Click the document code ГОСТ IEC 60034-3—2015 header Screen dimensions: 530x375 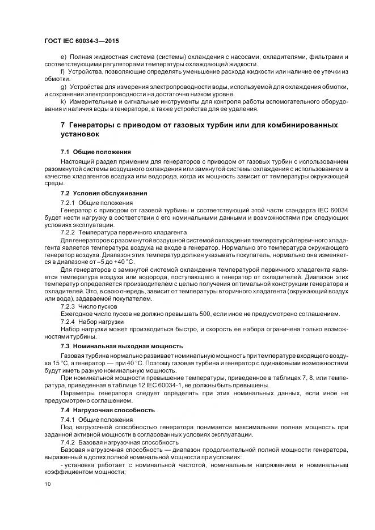[x=81, y=41]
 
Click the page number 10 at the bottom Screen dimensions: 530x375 [x=47, y=484]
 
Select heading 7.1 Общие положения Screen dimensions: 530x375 [x=95, y=152]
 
